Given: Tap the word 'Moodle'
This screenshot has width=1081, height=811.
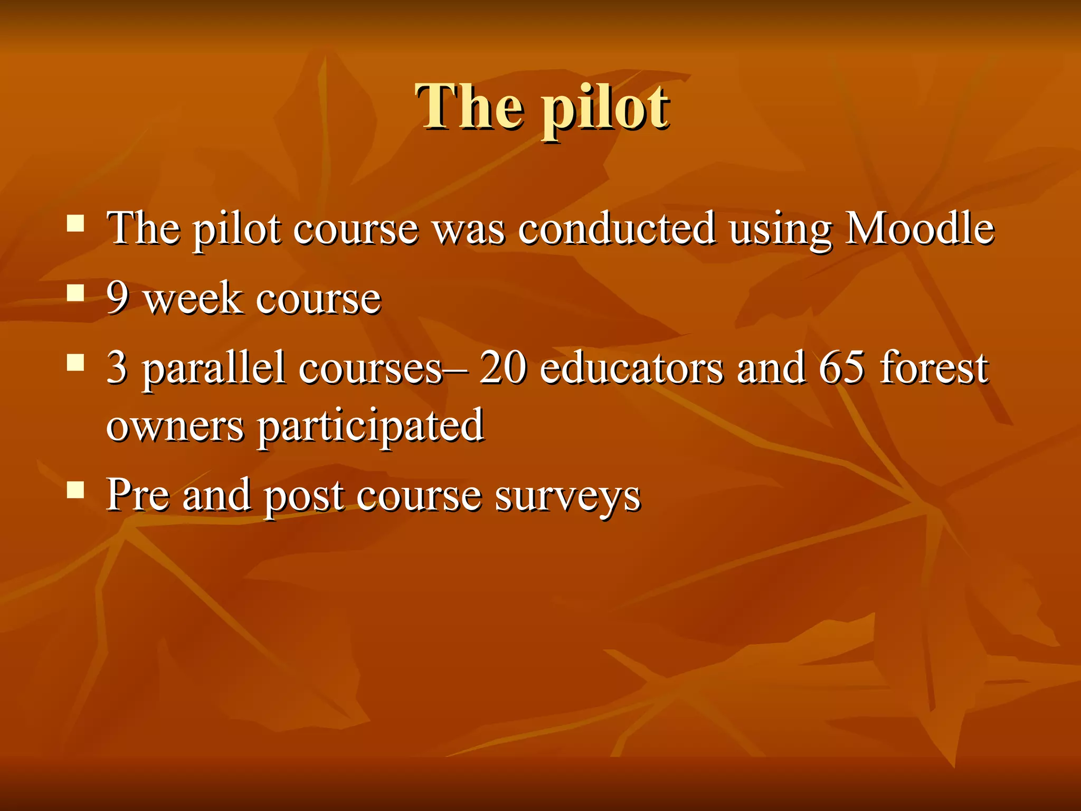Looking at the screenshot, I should pyautogui.click(x=919, y=229).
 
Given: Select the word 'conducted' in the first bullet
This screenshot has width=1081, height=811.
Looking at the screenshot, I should pyautogui.click(x=617, y=229).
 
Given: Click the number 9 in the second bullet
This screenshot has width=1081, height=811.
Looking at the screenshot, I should pyautogui.click(x=118, y=298).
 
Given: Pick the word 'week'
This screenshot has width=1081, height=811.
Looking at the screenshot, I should pyautogui.click(x=193, y=298).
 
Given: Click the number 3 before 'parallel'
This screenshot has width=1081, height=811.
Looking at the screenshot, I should pyautogui.click(x=117, y=367).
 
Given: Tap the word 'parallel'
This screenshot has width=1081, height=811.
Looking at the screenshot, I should pyautogui.click(x=213, y=369).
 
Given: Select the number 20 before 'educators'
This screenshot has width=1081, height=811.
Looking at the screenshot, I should pyautogui.click(x=502, y=367).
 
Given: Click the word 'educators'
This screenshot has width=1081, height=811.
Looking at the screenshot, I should pyautogui.click(x=632, y=367).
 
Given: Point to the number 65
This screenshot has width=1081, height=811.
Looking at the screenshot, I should pyautogui.click(x=841, y=367).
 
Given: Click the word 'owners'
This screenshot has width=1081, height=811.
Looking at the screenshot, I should pyautogui.click(x=175, y=426).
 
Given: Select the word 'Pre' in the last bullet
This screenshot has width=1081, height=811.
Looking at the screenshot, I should pyautogui.click(x=137, y=495).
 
